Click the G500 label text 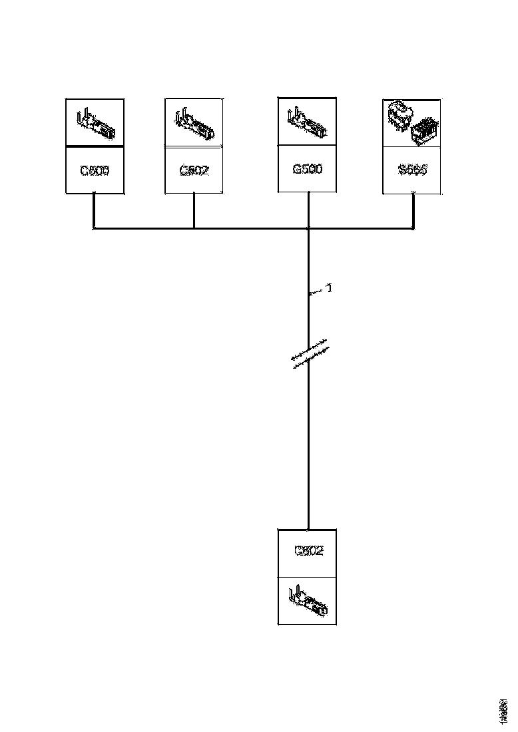click(307, 169)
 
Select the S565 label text click(412, 169)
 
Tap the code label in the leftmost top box click(95, 170)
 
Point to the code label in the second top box click(194, 170)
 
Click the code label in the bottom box click(308, 551)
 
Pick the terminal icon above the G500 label click(307, 122)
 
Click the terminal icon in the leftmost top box click(95, 123)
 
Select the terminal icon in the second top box click(194, 123)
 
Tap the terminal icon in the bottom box click(308, 600)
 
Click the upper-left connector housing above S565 click(399, 114)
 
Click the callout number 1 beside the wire click(328, 288)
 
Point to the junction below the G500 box click(309, 229)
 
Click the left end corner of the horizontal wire click(93, 229)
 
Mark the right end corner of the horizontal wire click(413, 229)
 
